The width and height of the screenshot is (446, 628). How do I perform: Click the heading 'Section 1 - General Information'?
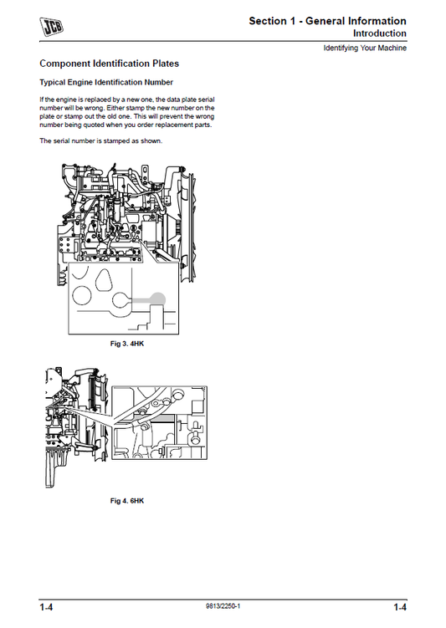328,21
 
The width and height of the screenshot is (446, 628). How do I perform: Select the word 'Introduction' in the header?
379,33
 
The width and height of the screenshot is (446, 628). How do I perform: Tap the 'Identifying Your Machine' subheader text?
365,49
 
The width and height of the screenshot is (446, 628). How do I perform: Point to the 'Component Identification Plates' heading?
109,64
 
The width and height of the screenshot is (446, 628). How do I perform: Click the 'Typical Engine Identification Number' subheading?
107,83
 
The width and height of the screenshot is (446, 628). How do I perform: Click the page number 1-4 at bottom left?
48,607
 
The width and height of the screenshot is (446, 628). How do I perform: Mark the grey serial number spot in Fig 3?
156,299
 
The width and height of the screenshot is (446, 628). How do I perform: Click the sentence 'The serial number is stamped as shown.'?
101,140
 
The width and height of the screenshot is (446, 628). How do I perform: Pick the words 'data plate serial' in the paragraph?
192,100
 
